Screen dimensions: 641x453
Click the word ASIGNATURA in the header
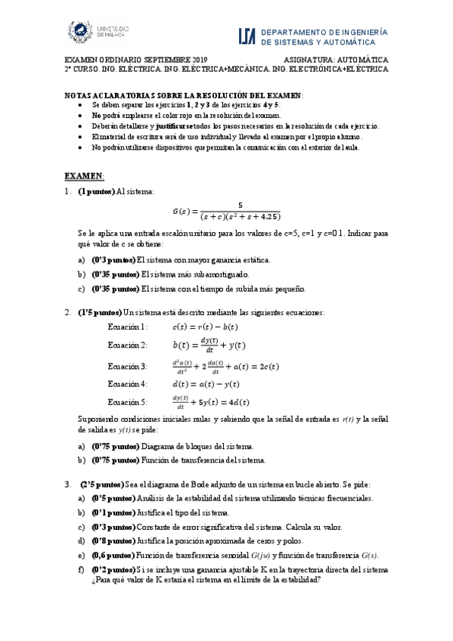point(313,59)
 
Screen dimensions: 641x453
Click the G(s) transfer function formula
point(226,210)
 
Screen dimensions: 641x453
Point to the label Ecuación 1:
point(128,327)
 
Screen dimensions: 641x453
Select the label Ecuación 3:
point(128,366)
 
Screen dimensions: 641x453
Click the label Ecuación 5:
point(128,401)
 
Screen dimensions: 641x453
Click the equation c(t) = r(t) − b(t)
point(205,327)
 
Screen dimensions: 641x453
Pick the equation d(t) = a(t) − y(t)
point(206,384)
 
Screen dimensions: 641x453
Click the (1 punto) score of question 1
point(96,192)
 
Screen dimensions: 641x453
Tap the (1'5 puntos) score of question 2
point(99,312)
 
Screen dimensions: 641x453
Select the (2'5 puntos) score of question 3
point(101,484)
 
